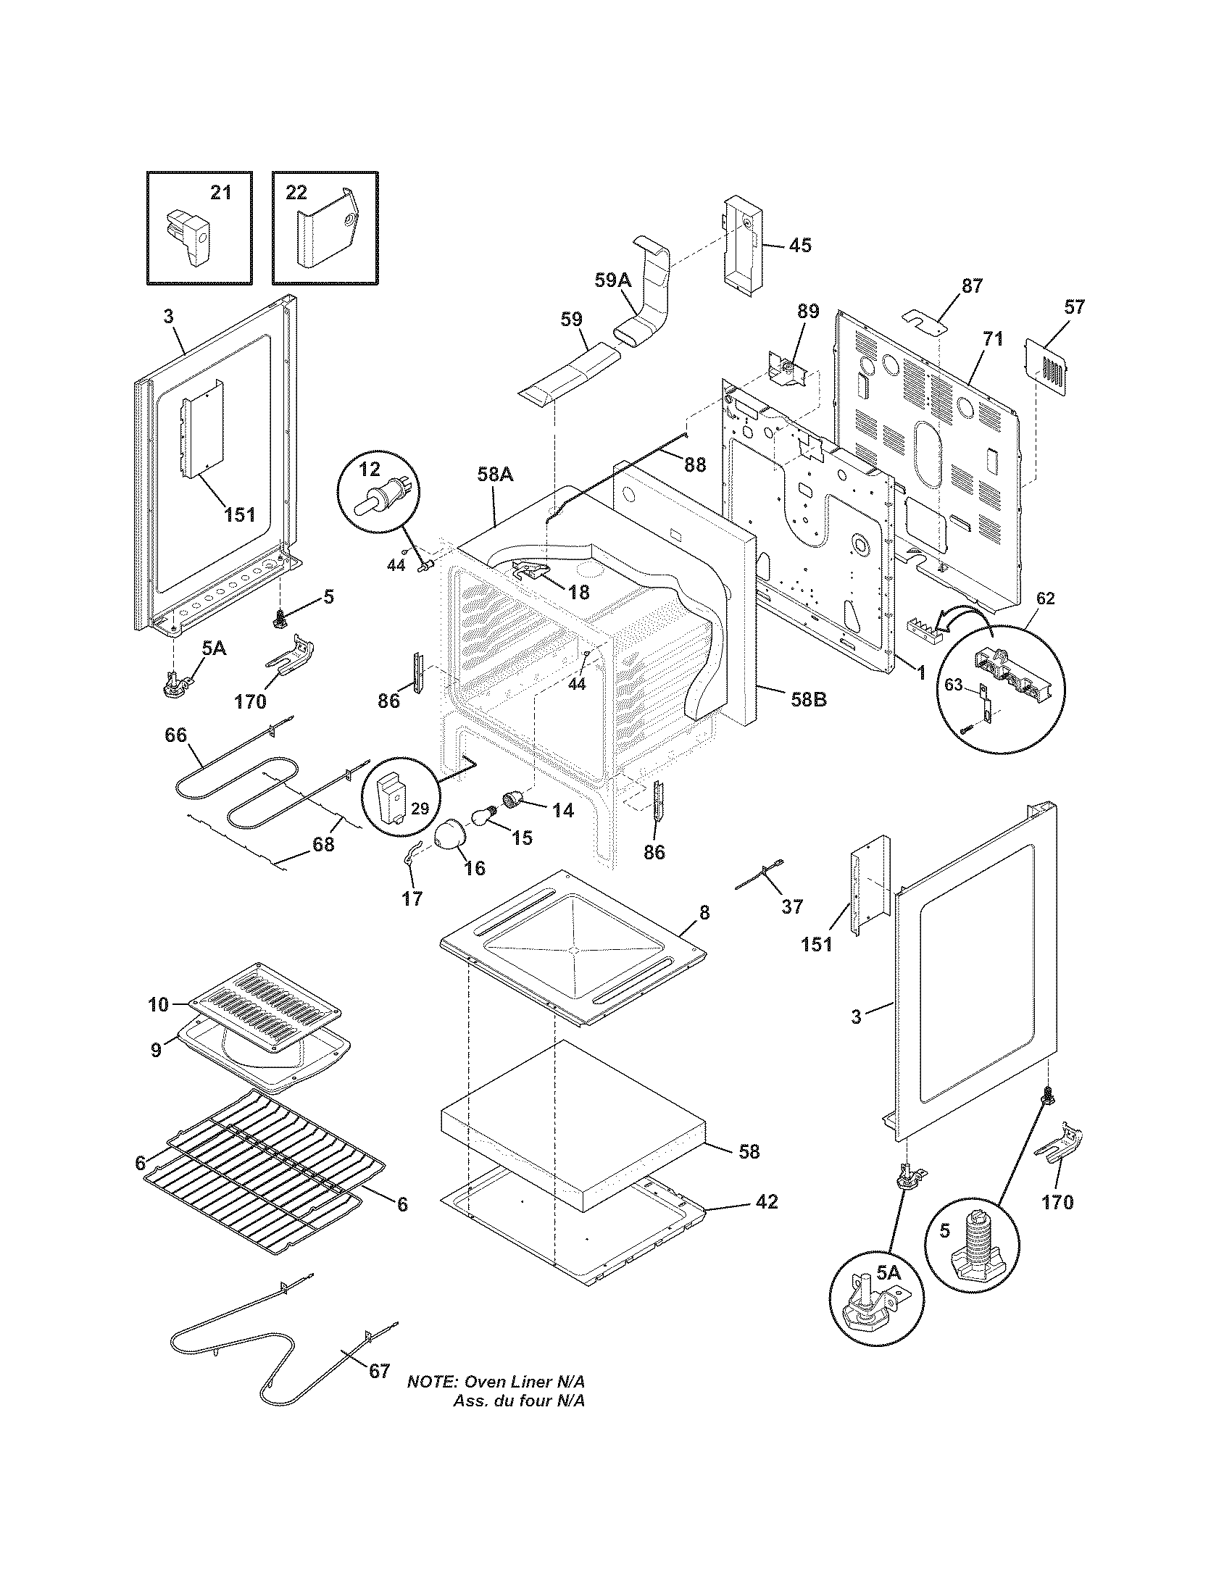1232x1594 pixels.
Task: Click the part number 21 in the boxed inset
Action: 220,193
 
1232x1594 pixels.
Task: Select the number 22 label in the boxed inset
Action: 296,193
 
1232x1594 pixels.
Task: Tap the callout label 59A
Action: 612,280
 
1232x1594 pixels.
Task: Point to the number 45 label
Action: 800,245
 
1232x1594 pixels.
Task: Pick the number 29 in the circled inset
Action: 419,809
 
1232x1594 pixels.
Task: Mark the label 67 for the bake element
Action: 379,1371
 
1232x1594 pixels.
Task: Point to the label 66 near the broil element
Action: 175,735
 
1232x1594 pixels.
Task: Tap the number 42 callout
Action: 766,1201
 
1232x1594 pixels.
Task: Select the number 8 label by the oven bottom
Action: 704,912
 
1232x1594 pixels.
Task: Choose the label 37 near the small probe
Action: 792,906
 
